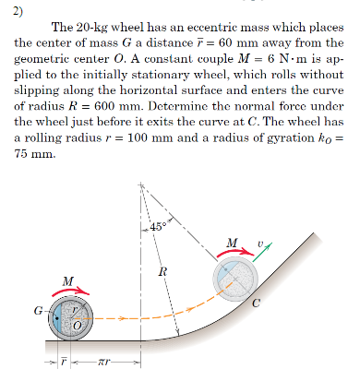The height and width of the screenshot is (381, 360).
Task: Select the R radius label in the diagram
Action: tap(162, 271)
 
